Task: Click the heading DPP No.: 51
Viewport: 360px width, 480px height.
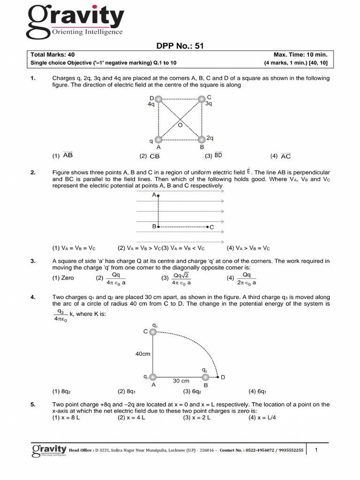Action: [x=180, y=45]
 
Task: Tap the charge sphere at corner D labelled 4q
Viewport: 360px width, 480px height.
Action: [x=158, y=99]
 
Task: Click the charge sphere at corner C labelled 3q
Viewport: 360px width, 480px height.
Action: [x=202, y=98]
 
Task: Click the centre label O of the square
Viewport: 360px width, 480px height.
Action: [x=180, y=125]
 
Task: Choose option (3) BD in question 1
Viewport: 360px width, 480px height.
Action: [x=213, y=156]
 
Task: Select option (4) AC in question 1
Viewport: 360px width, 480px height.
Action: [x=280, y=156]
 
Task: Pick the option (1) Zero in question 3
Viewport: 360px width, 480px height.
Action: [x=63, y=278]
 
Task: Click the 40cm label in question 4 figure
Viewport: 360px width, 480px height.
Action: [x=142, y=354]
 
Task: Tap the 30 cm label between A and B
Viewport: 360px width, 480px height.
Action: [x=180, y=381]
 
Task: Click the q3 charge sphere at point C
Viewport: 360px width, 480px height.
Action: [x=152, y=331]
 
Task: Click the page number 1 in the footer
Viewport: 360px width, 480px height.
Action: [x=317, y=450]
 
